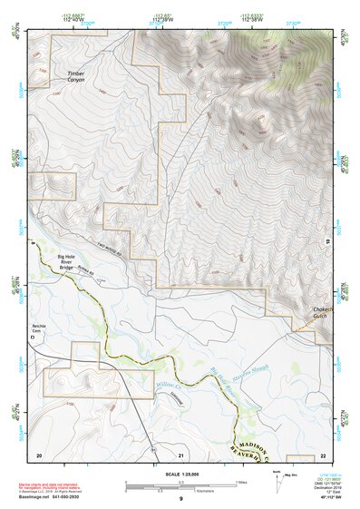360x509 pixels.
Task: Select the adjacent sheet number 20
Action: point(39,454)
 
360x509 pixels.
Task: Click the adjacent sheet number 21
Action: point(181,454)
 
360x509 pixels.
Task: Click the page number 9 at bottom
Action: point(180,499)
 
